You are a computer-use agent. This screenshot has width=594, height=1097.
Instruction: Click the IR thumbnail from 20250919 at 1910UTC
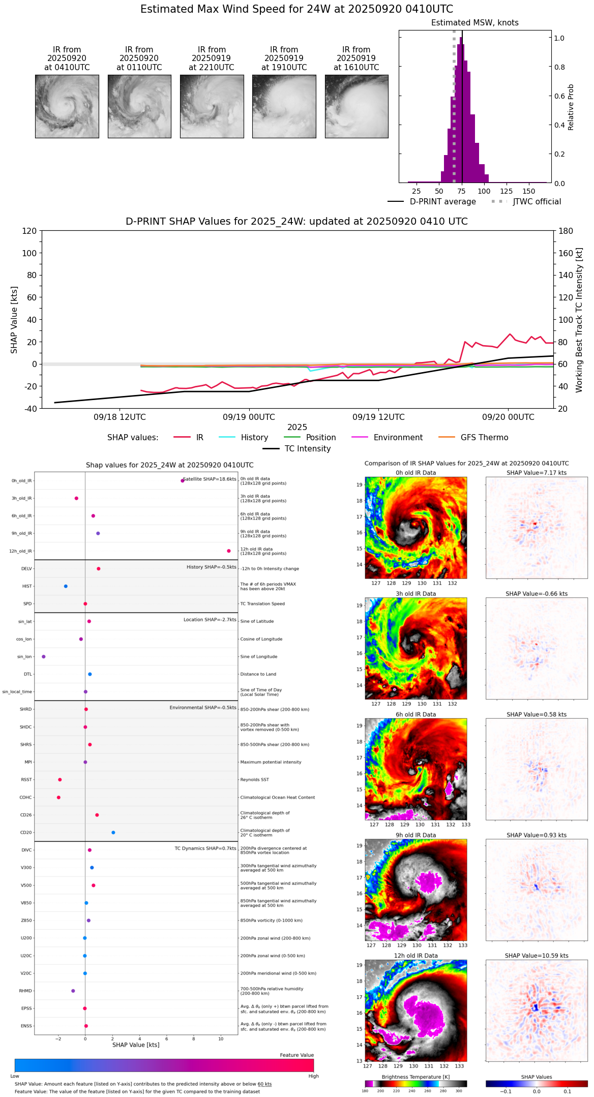284,106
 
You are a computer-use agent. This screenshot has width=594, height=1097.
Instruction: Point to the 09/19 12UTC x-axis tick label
378,417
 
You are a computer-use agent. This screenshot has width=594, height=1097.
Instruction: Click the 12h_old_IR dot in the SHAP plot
229,551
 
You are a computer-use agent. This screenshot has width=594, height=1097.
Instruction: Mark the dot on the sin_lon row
44,657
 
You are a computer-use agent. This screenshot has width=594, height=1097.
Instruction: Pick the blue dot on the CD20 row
113,833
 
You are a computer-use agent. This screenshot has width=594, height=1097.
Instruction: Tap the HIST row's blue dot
66,586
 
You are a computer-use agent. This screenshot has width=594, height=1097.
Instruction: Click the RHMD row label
25,991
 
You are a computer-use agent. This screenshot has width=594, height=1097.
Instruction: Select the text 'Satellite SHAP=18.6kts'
210,479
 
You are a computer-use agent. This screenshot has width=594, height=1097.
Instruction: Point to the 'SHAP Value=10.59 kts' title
537,956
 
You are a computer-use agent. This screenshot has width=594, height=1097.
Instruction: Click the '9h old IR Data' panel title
415,835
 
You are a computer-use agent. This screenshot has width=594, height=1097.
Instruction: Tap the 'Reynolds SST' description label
254,780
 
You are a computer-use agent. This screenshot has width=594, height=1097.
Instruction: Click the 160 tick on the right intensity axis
566,253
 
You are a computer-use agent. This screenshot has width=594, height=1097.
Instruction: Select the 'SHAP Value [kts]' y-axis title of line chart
14,320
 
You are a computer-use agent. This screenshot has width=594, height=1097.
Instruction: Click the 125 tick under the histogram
506,192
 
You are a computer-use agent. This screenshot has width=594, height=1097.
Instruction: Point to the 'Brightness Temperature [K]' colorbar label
415,1077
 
